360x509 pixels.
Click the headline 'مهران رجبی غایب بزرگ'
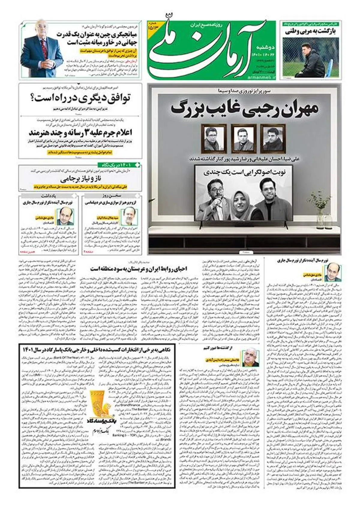(x=244, y=109)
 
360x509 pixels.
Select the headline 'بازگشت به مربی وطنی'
(x=310, y=32)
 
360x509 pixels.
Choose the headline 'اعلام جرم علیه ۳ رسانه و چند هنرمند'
(x=80, y=132)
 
